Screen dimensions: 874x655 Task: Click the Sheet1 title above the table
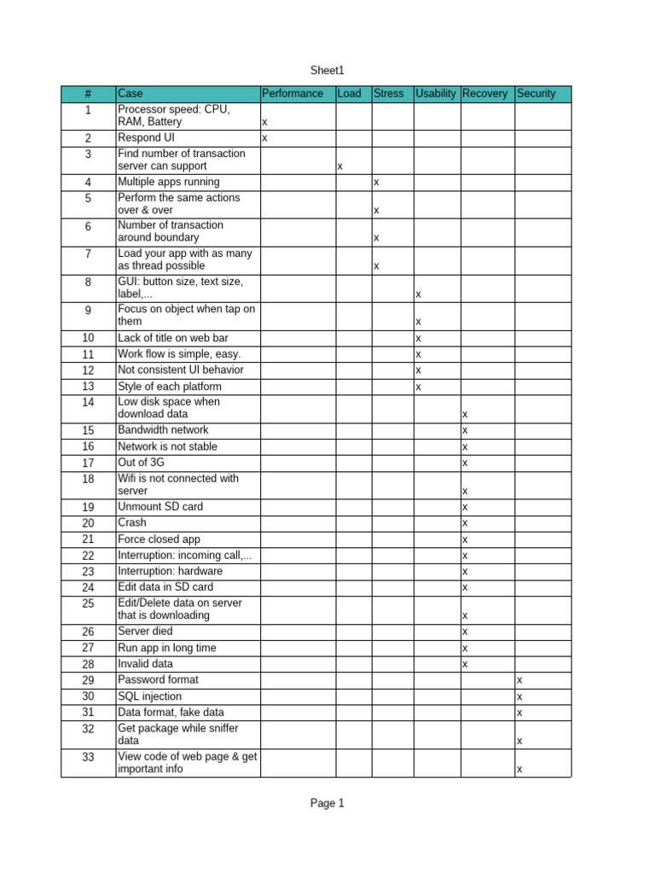(x=327, y=71)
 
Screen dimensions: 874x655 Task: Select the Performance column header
(x=293, y=94)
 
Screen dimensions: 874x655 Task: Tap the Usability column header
(x=435, y=94)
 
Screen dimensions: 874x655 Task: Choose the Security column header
(x=536, y=94)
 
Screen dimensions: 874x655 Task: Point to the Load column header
(x=349, y=94)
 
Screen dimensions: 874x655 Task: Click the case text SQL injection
(x=149, y=696)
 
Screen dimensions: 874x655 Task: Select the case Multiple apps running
(x=168, y=182)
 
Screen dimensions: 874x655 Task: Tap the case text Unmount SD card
(x=160, y=506)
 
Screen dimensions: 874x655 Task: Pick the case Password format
(x=158, y=679)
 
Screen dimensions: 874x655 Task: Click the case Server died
(x=145, y=631)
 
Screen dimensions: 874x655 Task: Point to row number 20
(x=88, y=522)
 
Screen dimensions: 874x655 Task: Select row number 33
(x=88, y=757)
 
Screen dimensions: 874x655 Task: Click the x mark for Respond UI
(x=264, y=138)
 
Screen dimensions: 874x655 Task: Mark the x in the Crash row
(x=465, y=523)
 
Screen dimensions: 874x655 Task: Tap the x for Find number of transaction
(x=340, y=167)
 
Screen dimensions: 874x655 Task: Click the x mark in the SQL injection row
(x=519, y=697)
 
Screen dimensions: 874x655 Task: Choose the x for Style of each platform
(x=418, y=387)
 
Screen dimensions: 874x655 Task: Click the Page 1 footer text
(x=327, y=803)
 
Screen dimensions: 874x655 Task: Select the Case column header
(x=130, y=94)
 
